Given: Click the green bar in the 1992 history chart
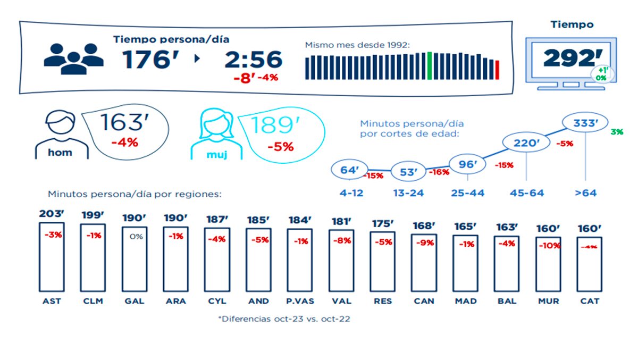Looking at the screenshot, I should coord(429,66).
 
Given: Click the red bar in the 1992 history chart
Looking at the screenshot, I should coord(497,70).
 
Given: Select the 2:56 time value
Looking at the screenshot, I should coord(253,60).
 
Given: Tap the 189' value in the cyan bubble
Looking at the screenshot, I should coord(272,125).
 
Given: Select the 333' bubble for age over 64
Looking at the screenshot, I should coord(585,123).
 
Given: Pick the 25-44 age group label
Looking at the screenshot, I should coord(467,193).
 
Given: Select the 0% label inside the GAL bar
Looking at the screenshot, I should coord(136,237).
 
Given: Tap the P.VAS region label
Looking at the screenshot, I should coord(300,301).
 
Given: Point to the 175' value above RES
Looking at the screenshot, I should coord(383,224).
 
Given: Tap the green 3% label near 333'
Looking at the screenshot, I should coord(617,131).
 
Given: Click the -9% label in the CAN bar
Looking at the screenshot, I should coord(424,243).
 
